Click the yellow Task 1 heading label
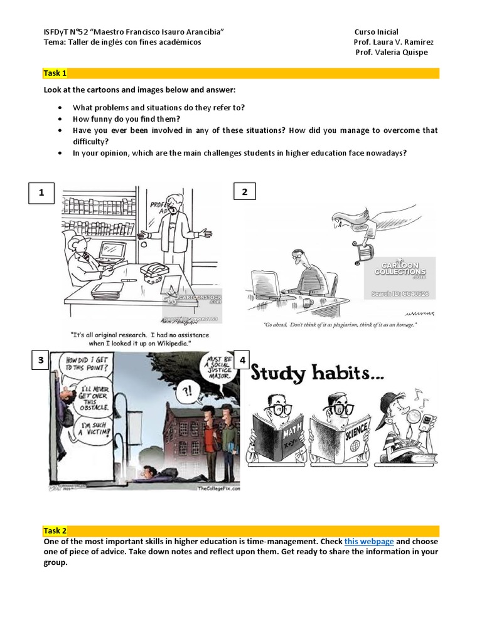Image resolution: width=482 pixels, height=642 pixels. tap(55, 73)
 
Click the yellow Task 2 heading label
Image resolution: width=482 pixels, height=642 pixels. tap(55, 530)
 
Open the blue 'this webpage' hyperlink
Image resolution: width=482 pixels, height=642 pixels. tap(369, 541)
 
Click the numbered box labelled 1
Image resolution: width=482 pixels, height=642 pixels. tap(41, 193)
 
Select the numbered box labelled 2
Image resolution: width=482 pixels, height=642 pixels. tap(245, 192)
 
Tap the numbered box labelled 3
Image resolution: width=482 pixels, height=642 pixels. tap(41, 360)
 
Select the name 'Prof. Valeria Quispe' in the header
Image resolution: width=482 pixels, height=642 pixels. tap(391, 52)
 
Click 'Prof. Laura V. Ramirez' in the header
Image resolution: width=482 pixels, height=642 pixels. tap(394, 42)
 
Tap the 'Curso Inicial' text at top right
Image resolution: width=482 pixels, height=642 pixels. tap(376, 32)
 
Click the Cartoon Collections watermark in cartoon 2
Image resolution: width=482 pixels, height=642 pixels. tap(400, 268)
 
